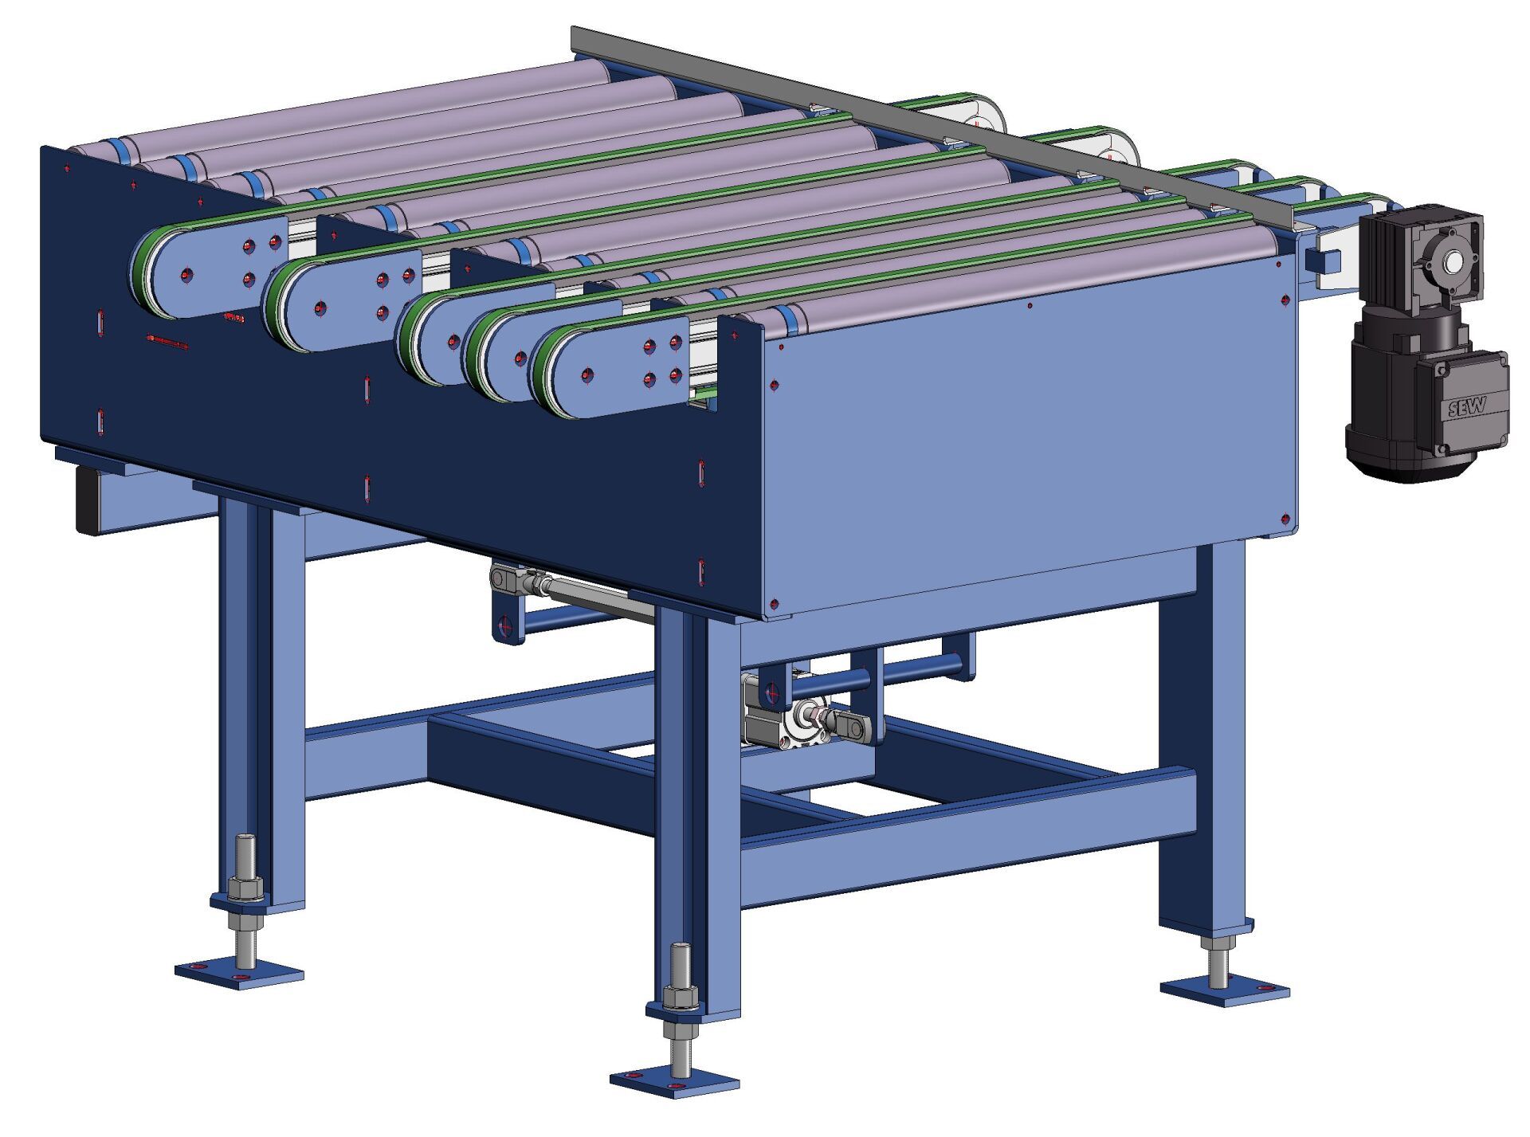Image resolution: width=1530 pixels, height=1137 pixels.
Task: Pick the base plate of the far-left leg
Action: click(x=239, y=973)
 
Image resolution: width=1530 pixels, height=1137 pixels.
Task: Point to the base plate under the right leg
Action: click(x=1225, y=991)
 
